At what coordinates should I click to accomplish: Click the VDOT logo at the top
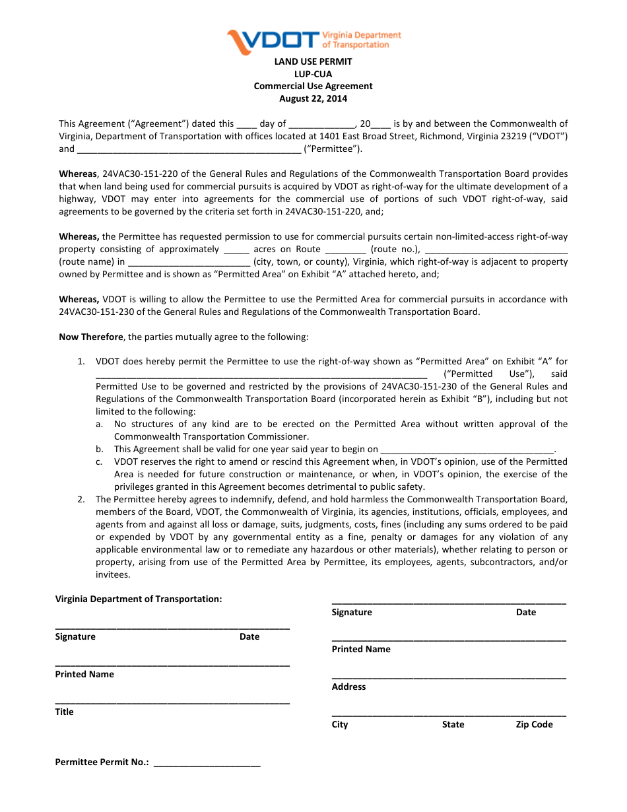[313, 41]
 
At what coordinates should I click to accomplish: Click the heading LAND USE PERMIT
[313, 61]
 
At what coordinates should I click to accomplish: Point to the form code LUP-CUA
[313, 74]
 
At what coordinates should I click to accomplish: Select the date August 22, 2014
[313, 99]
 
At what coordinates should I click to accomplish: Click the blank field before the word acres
[236, 250]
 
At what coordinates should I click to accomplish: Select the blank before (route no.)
[345, 250]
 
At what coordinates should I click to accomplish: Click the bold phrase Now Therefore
[91, 337]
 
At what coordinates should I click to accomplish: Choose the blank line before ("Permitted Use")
[261, 375]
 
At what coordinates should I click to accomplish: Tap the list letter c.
[99, 462]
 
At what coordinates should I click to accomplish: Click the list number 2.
[81, 500]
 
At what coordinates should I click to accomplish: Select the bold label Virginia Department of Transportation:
[139, 599]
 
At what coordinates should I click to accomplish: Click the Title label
[65, 712]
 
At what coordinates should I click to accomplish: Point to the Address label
[348, 687]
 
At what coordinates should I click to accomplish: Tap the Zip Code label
[534, 724]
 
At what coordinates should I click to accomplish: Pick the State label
[453, 724]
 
